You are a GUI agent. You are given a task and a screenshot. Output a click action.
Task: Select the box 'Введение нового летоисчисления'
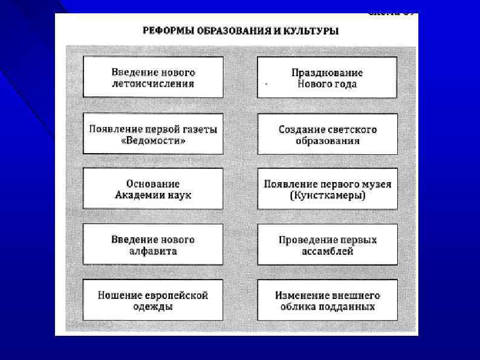click(x=153, y=77)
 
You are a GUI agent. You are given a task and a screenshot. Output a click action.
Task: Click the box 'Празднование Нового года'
click(x=327, y=77)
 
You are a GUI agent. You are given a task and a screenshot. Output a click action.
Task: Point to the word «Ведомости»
click(x=153, y=140)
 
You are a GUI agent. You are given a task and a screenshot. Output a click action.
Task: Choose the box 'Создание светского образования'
click(x=327, y=134)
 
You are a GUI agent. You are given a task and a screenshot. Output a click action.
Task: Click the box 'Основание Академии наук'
click(x=153, y=189)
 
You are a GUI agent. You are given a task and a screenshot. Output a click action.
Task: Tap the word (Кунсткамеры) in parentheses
click(x=327, y=196)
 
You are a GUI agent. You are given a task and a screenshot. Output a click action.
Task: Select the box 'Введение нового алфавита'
click(x=153, y=244)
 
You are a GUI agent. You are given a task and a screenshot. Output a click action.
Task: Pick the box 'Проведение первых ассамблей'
click(x=327, y=244)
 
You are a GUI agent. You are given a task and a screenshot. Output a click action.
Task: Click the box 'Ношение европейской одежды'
click(x=153, y=300)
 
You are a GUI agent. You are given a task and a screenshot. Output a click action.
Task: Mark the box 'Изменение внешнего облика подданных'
click(x=327, y=300)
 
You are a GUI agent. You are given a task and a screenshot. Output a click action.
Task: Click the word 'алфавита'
click(x=153, y=251)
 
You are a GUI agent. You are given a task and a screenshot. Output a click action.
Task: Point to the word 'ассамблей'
click(x=327, y=251)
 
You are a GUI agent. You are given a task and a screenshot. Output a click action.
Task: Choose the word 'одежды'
click(x=153, y=307)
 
